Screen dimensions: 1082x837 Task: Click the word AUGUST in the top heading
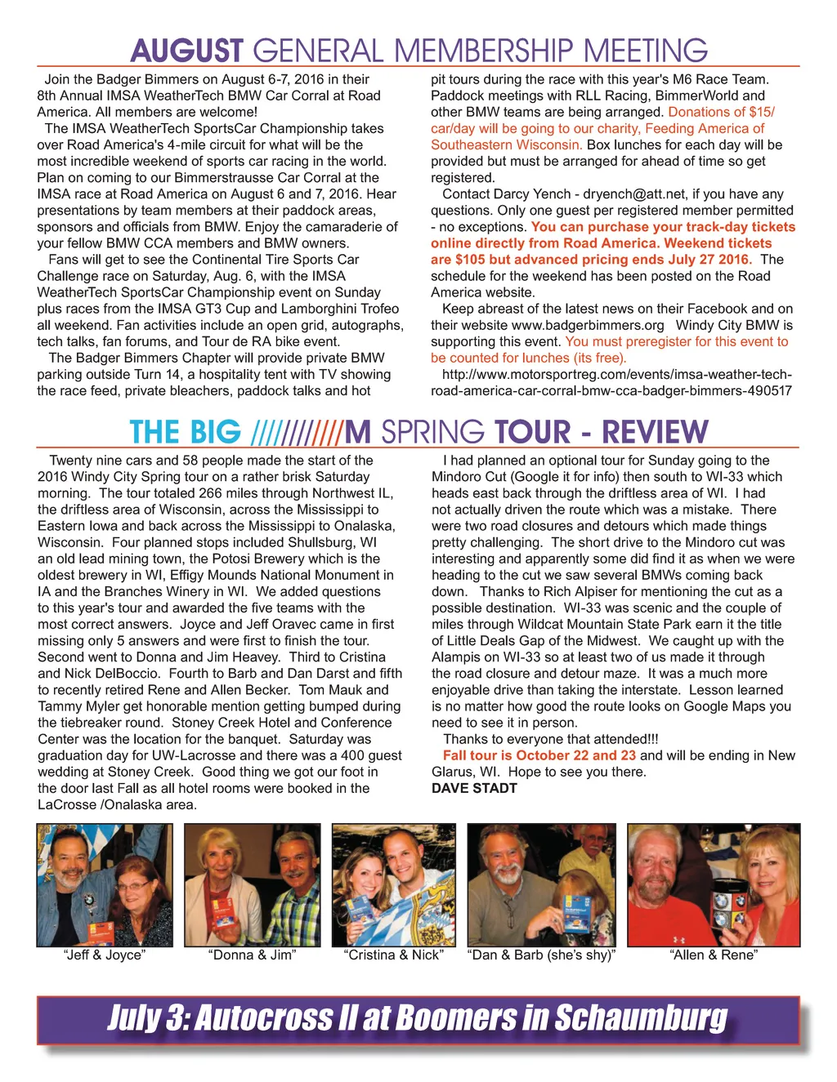tap(186, 51)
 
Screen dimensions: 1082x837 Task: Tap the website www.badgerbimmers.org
tap(588, 325)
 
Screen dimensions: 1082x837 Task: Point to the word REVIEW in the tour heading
tap(655, 432)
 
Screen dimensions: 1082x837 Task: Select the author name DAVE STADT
tap(474, 788)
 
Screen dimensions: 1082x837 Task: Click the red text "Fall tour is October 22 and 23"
tap(539, 755)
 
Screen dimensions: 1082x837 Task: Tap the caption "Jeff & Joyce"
tap(105, 955)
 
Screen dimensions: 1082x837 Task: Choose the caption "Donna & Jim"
tap(252, 955)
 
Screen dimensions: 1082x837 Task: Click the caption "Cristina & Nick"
tap(394, 955)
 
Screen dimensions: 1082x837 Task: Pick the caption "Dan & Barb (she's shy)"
tap(541, 955)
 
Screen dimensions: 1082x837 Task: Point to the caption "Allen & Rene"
tap(714, 955)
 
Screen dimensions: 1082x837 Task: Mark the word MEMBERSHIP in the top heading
tap(485, 51)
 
